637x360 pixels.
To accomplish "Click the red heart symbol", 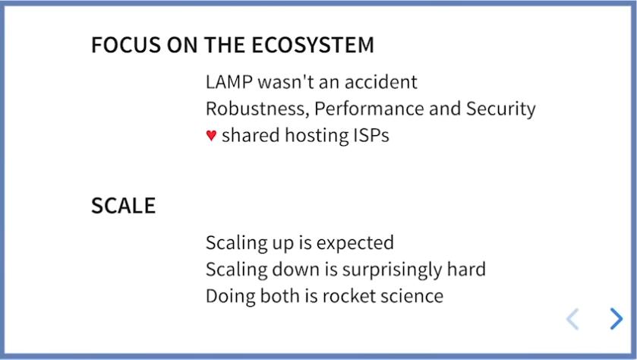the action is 211,135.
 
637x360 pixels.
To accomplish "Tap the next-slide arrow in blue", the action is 617,318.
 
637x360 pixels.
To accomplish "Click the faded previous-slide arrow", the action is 572,318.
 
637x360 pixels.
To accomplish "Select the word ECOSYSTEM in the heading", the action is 313,45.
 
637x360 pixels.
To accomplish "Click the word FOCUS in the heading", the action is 126,45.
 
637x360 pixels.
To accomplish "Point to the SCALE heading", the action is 124,206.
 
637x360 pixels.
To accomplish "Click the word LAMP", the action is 229,82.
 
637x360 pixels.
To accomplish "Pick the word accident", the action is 380,82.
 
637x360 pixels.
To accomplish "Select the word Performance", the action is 369,109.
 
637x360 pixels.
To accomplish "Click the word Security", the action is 501,109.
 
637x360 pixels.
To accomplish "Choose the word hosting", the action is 317,136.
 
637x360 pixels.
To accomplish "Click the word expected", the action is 355,243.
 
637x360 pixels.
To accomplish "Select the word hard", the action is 466,270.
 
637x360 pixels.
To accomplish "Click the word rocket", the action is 349,296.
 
